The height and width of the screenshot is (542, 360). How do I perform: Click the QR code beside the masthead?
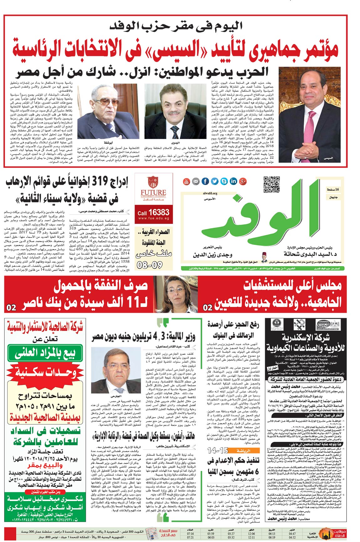click(x=271, y=184)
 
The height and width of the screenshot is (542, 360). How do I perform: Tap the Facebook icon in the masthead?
click(x=205, y=181)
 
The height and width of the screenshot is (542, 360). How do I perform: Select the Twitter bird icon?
click(x=214, y=181)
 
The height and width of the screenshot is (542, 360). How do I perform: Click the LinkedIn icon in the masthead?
click(x=233, y=181)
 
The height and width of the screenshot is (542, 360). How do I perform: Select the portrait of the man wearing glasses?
click(x=108, y=111)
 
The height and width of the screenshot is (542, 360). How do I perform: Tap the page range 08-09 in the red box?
click(x=150, y=265)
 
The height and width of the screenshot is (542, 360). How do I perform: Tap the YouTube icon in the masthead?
click(x=187, y=181)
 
